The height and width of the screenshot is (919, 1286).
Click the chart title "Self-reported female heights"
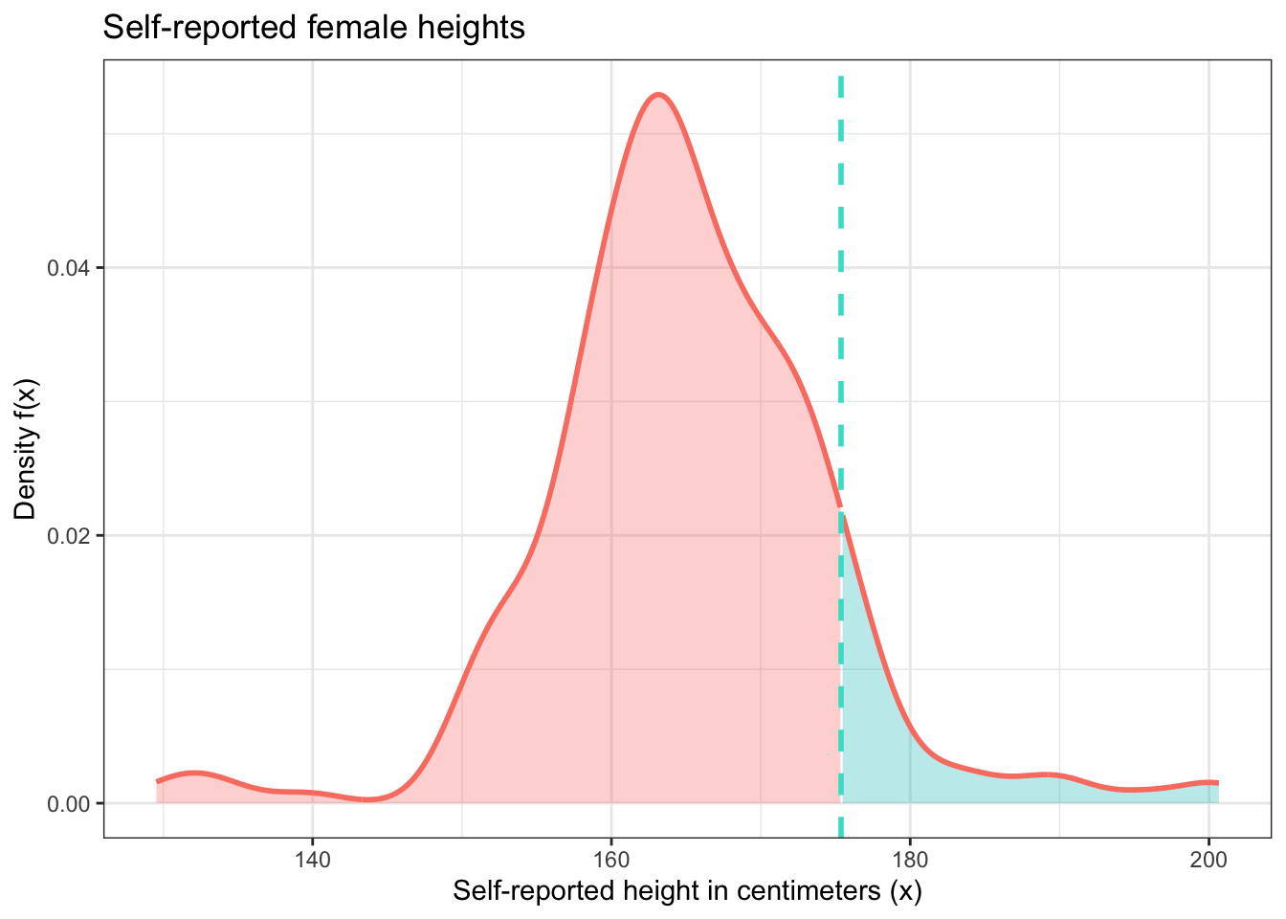coord(313,28)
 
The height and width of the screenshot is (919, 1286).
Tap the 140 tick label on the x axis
coord(312,859)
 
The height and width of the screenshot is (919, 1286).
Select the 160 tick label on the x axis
coord(610,859)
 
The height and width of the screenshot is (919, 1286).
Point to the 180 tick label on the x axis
coord(910,859)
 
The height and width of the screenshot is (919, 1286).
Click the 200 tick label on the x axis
coord(1208,859)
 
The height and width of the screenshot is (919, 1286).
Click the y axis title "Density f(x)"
coord(26,449)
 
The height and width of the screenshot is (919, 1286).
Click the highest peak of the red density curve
coord(658,95)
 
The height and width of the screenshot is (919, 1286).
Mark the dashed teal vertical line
coord(840,287)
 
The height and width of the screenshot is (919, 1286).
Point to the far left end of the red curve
coord(158,781)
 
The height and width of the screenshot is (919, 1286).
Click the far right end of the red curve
coord(1217,783)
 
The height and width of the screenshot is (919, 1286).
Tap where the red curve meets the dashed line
coord(841,507)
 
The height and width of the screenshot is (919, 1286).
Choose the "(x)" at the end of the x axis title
coord(905,892)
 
